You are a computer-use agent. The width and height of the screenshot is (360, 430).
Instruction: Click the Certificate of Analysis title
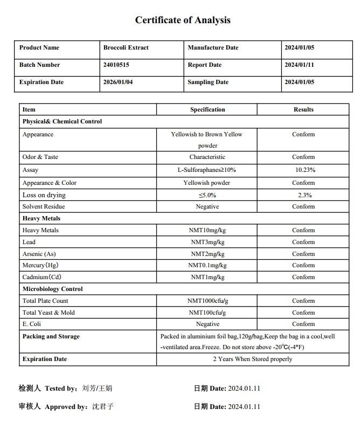[x=183, y=20]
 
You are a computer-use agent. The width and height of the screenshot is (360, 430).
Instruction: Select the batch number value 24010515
[x=116, y=65]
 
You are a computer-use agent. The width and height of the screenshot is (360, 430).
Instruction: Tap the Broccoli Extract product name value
[x=126, y=48]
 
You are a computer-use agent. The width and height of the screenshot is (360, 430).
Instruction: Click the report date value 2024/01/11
[x=299, y=65]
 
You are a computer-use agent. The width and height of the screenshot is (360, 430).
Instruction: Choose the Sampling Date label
[x=207, y=82]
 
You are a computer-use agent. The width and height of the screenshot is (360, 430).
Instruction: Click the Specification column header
[x=207, y=110]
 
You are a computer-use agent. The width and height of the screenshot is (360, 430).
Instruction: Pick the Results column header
[x=303, y=110]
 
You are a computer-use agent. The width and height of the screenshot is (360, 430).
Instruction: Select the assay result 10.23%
[x=305, y=170]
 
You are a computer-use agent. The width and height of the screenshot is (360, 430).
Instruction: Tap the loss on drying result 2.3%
[x=304, y=195]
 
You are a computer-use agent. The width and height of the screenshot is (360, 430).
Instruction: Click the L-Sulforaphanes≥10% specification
[x=207, y=170]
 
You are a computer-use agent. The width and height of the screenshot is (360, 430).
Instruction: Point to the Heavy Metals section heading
[x=41, y=219]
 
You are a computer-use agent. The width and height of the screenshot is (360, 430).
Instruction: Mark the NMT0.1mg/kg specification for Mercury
[x=207, y=266]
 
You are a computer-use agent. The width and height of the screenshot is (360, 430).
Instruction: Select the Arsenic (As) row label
[x=39, y=254]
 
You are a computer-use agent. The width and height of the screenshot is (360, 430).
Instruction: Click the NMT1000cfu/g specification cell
[x=207, y=301]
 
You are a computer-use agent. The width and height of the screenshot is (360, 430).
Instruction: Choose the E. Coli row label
[x=32, y=324]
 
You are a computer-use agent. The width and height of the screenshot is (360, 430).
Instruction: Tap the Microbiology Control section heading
[x=53, y=289]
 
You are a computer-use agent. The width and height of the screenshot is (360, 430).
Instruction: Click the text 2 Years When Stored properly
[x=253, y=359]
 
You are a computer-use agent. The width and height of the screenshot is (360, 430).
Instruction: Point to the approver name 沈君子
[x=103, y=407]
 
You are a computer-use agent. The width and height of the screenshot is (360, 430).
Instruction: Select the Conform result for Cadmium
[x=303, y=278]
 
